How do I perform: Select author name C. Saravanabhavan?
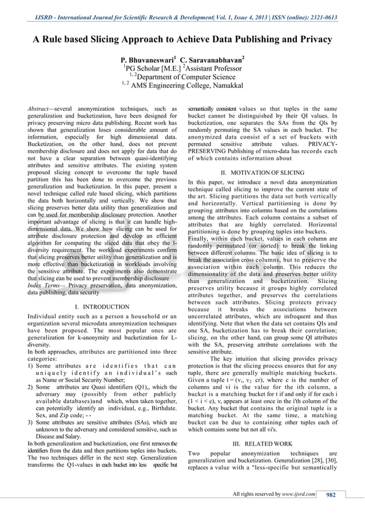coord(212,60)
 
